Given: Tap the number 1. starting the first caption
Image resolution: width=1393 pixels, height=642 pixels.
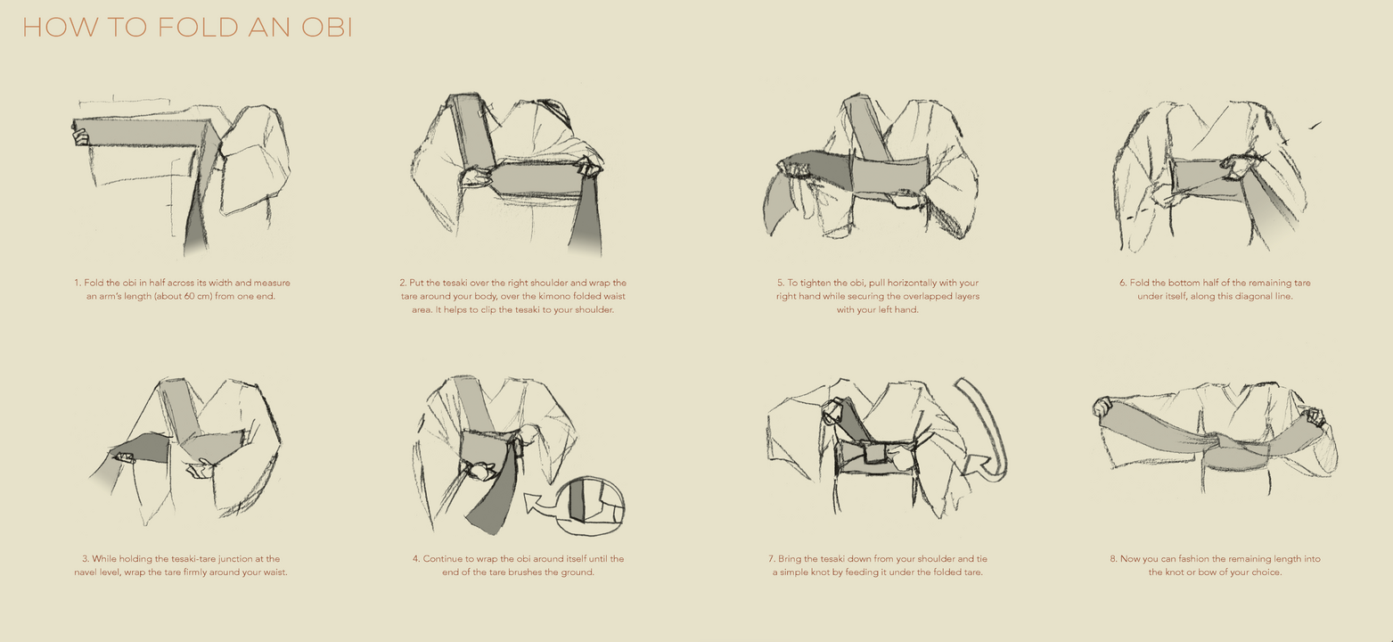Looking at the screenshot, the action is click(78, 283).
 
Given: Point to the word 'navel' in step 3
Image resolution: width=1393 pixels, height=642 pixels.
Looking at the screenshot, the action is click(86, 572).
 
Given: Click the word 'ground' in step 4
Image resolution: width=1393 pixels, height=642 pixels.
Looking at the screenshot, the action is click(579, 572).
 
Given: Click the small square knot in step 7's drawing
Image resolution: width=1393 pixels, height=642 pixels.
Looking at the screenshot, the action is click(875, 453).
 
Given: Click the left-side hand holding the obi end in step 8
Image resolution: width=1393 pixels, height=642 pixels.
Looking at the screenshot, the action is click(1102, 407).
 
